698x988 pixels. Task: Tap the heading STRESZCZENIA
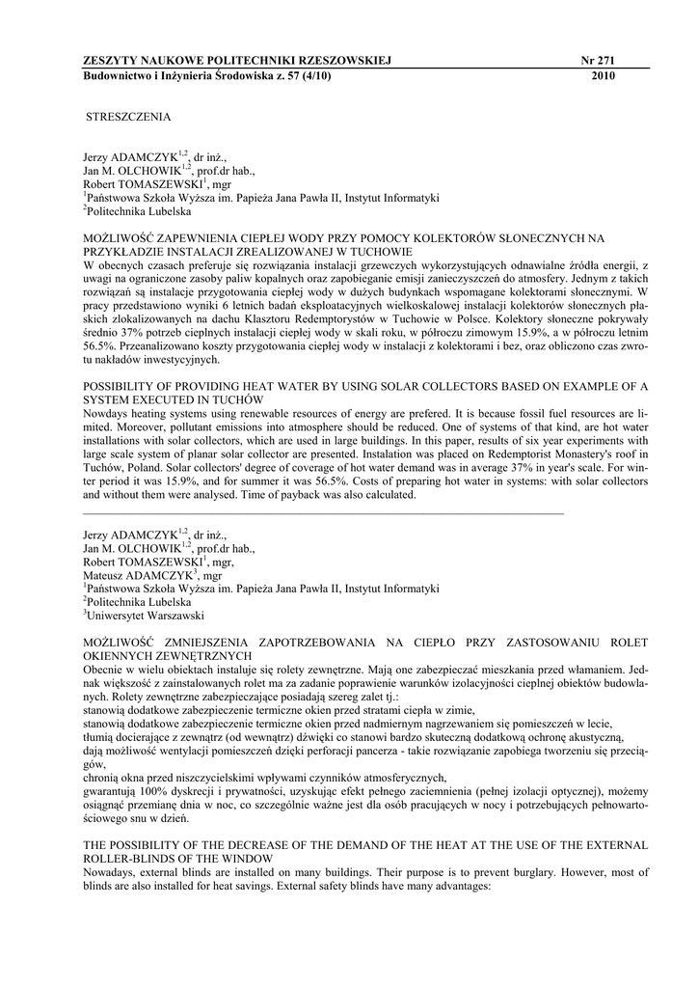[128, 117]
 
